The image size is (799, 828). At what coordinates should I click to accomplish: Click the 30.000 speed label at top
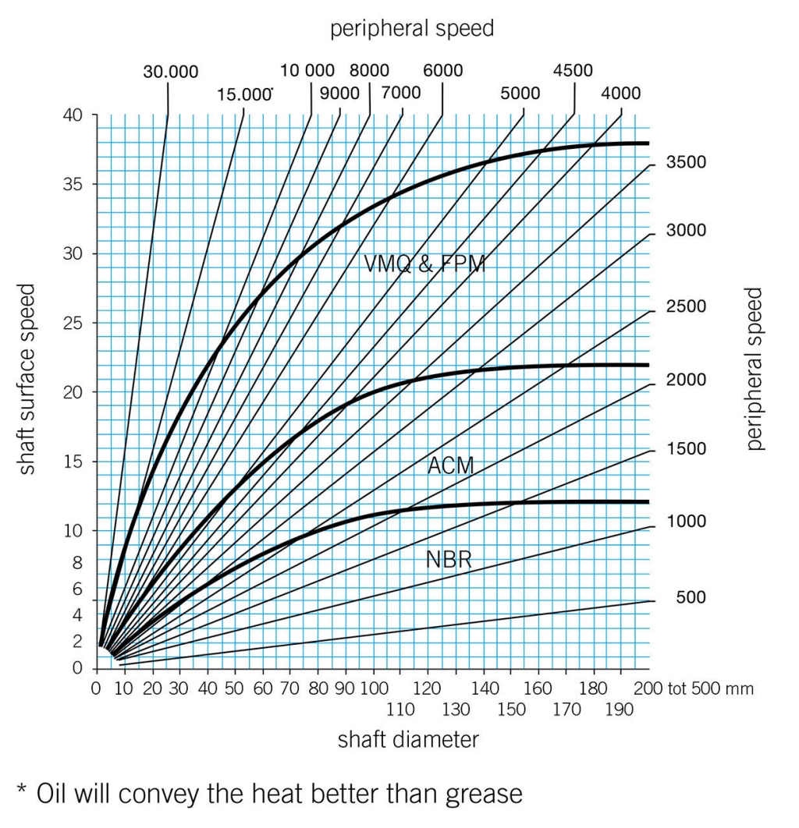[x=170, y=72]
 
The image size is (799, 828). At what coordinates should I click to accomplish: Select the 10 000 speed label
[x=308, y=70]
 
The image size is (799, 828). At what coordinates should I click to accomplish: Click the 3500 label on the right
[x=685, y=163]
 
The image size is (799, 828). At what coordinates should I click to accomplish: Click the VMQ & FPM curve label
[x=425, y=264]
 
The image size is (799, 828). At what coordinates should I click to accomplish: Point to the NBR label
[x=449, y=559]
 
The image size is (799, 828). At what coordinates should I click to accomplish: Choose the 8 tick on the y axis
[x=76, y=559]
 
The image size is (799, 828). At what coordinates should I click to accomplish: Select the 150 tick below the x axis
[x=511, y=709]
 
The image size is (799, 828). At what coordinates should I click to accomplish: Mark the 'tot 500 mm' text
[x=708, y=689]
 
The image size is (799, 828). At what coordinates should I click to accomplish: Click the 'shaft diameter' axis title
[x=408, y=739]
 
